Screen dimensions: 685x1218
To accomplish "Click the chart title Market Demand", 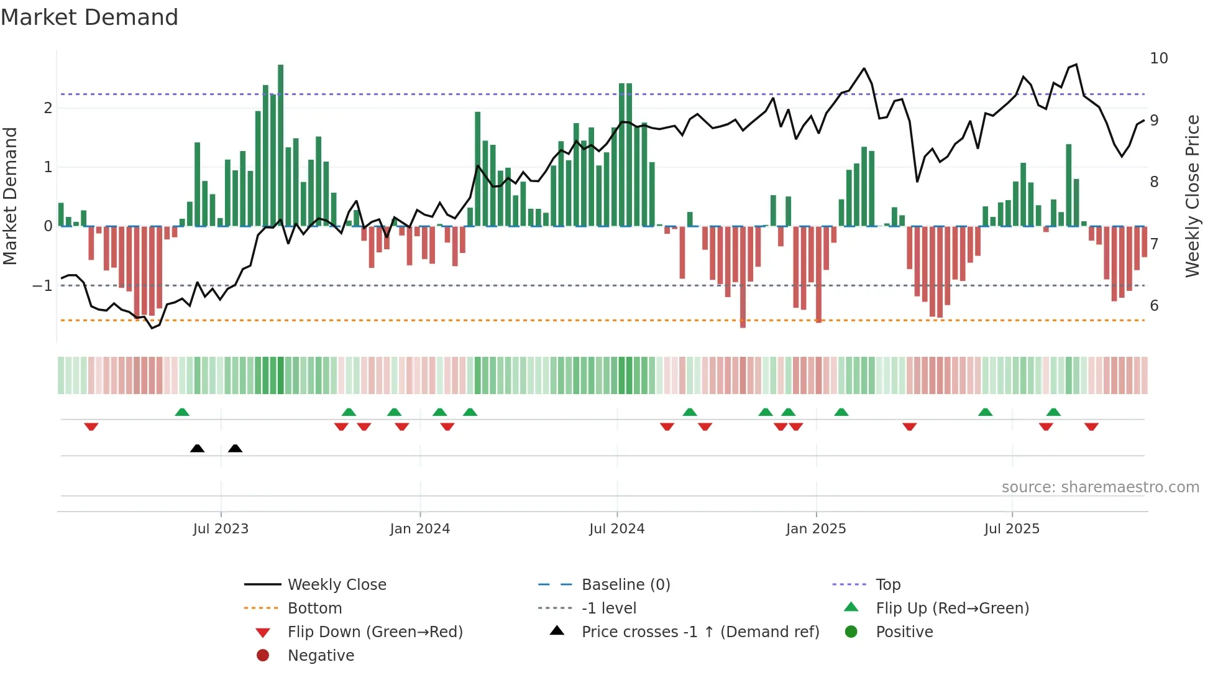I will pos(89,17).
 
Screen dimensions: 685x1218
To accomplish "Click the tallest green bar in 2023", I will pos(281,145).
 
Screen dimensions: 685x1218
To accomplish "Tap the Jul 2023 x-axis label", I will pos(221,529).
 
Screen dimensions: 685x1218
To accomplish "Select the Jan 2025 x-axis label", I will pos(815,529).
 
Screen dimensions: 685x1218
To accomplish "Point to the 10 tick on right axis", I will pos(1158,58).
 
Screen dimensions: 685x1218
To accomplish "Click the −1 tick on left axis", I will pos(43,286).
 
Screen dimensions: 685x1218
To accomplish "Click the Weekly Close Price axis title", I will pos(1192,196).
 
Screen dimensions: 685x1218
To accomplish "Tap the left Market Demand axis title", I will pos(11,196).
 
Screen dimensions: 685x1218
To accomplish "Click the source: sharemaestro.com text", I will pos(1100,487).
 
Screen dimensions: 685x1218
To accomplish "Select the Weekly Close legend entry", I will pos(336,585).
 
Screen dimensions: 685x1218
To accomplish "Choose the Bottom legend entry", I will pos(314,609).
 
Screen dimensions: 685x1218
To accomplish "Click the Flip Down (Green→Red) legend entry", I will pos(375,632).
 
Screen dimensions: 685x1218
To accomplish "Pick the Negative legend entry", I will pos(321,656).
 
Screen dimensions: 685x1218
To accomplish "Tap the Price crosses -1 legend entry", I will pos(700,632).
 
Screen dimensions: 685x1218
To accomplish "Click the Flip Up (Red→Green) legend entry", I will pos(952,609).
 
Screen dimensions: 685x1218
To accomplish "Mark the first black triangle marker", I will pos(197,448).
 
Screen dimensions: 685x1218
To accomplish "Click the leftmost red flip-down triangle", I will pos(91,426).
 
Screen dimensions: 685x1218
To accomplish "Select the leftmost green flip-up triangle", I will pos(182,412).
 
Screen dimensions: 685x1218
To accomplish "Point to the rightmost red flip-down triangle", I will pos(1091,426).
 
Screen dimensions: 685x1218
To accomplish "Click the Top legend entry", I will pos(887,585).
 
